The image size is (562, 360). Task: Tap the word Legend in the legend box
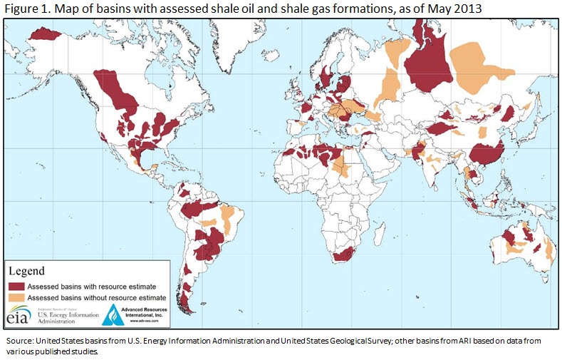pyautogui.click(x=26, y=271)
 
